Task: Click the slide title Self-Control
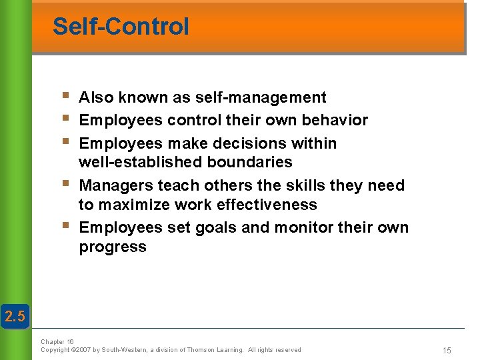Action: [x=121, y=27]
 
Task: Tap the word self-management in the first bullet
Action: [x=261, y=97]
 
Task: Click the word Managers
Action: [x=114, y=185]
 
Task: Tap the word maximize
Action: [x=130, y=204]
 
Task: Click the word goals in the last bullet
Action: [x=217, y=227]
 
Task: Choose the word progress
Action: [x=113, y=247]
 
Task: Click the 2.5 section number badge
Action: [x=15, y=317]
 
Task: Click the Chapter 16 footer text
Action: [x=57, y=341]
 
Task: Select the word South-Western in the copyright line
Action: [x=123, y=350]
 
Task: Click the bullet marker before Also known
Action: [x=65, y=97]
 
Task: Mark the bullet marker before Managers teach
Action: [x=65, y=184]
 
